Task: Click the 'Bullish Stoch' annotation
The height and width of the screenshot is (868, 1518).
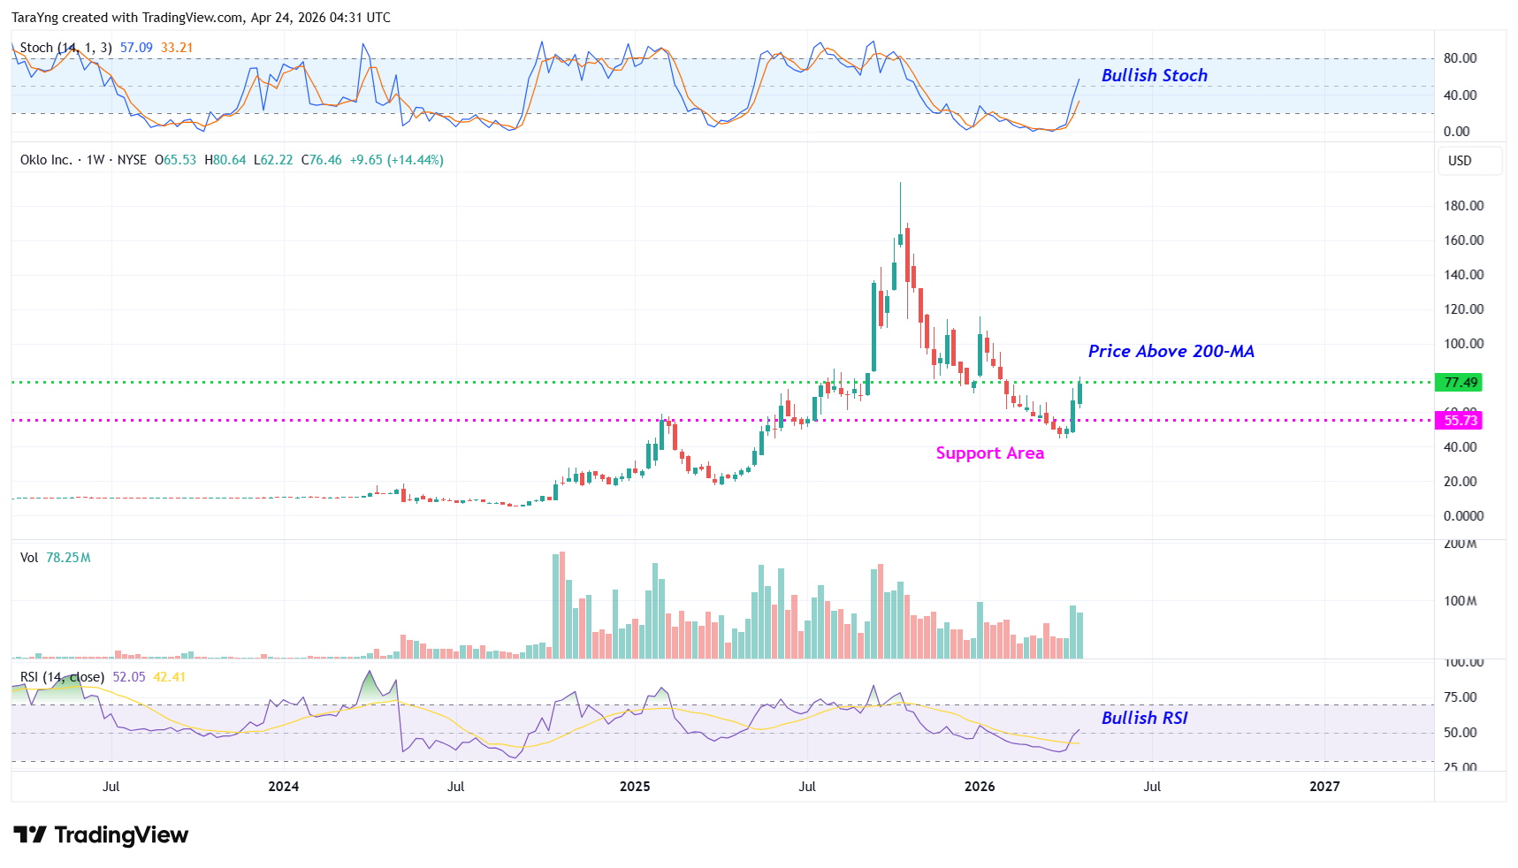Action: pyautogui.click(x=1154, y=76)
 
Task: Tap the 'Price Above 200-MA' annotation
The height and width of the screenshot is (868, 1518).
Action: pyautogui.click(x=1171, y=352)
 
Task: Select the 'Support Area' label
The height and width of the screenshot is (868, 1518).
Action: pyautogui.click(x=989, y=453)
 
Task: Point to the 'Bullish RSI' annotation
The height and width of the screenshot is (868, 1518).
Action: pyautogui.click(x=1144, y=719)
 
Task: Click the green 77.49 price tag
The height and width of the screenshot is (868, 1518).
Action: pyautogui.click(x=1460, y=383)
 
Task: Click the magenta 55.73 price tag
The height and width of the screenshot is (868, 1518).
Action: pyautogui.click(x=1460, y=421)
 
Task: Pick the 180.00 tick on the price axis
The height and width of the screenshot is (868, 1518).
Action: pyautogui.click(x=1463, y=206)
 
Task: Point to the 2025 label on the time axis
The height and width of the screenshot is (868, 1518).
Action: pyautogui.click(x=635, y=787)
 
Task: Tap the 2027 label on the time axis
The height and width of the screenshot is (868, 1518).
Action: pyautogui.click(x=1323, y=787)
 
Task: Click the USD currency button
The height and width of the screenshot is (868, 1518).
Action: pyautogui.click(x=1460, y=161)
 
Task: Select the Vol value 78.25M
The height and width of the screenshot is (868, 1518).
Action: pyautogui.click(x=68, y=558)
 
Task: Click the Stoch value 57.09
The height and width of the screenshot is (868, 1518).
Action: pyautogui.click(x=136, y=48)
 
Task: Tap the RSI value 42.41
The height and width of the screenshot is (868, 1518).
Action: pyautogui.click(x=170, y=677)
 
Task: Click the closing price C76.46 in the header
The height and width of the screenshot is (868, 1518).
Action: pyautogui.click(x=321, y=160)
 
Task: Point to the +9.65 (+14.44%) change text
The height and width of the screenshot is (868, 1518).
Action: pyautogui.click(x=397, y=160)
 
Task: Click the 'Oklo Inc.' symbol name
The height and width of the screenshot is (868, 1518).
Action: pyautogui.click(x=46, y=160)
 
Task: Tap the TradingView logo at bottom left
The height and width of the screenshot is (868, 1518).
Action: pyautogui.click(x=101, y=835)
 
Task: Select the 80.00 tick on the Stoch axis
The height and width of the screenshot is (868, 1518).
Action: pyautogui.click(x=1460, y=58)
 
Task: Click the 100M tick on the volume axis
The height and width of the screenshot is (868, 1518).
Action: pyautogui.click(x=1460, y=601)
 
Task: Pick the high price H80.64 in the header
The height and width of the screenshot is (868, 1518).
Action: pyautogui.click(x=225, y=160)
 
